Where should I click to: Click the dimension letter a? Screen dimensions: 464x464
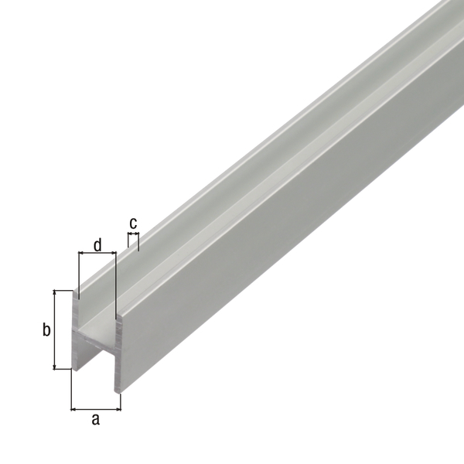[x=96, y=420]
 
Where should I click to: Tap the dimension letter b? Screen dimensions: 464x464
[x=46, y=330]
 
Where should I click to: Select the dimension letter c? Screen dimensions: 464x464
[x=133, y=223]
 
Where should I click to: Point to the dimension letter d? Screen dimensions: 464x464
[x=97, y=246]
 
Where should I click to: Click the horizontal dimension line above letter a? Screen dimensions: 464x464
[x=96, y=408]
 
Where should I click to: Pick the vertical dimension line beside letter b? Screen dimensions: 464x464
[x=55, y=330]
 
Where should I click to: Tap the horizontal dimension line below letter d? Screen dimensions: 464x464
[x=97, y=253]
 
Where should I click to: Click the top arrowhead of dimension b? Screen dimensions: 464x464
[x=55, y=294]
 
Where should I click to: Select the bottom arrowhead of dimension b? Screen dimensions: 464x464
[x=55, y=366]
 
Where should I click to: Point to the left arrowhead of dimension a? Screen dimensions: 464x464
[x=74, y=408]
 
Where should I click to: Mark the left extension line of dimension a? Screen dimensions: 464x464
[x=71, y=391]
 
